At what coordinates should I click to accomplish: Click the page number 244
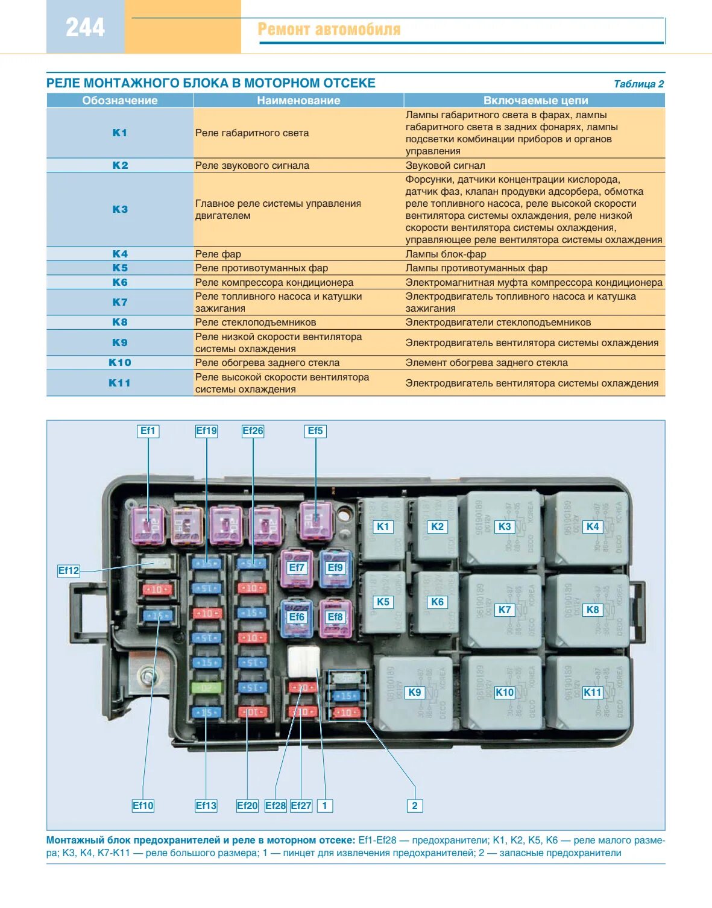click(85, 28)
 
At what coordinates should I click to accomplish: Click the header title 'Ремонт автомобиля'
click(329, 30)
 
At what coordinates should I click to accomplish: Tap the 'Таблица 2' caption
click(638, 84)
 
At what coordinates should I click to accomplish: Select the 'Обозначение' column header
click(119, 101)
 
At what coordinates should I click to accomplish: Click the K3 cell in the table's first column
click(120, 209)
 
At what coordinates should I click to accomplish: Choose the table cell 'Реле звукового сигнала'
click(252, 165)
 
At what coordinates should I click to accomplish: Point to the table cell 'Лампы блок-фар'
click(446, 254)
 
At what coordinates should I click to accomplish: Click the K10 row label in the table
click(120, 362)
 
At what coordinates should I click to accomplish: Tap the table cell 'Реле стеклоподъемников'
click(256, 322)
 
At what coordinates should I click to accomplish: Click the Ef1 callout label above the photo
click(148, 430)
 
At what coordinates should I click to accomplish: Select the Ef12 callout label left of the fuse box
click(69, 570)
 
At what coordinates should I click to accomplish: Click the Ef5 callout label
click(315, 430)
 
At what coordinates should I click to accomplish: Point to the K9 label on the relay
click(415, 692)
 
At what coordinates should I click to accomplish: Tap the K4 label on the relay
click(593, 526)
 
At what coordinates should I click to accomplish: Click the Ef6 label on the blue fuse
click(297, 617)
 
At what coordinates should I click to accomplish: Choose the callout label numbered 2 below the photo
click(414, 806)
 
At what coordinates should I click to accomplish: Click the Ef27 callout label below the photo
click(301, 806)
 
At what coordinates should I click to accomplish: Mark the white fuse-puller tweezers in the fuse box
click(303, 661)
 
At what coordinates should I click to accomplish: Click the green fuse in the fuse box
click(206, 687)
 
